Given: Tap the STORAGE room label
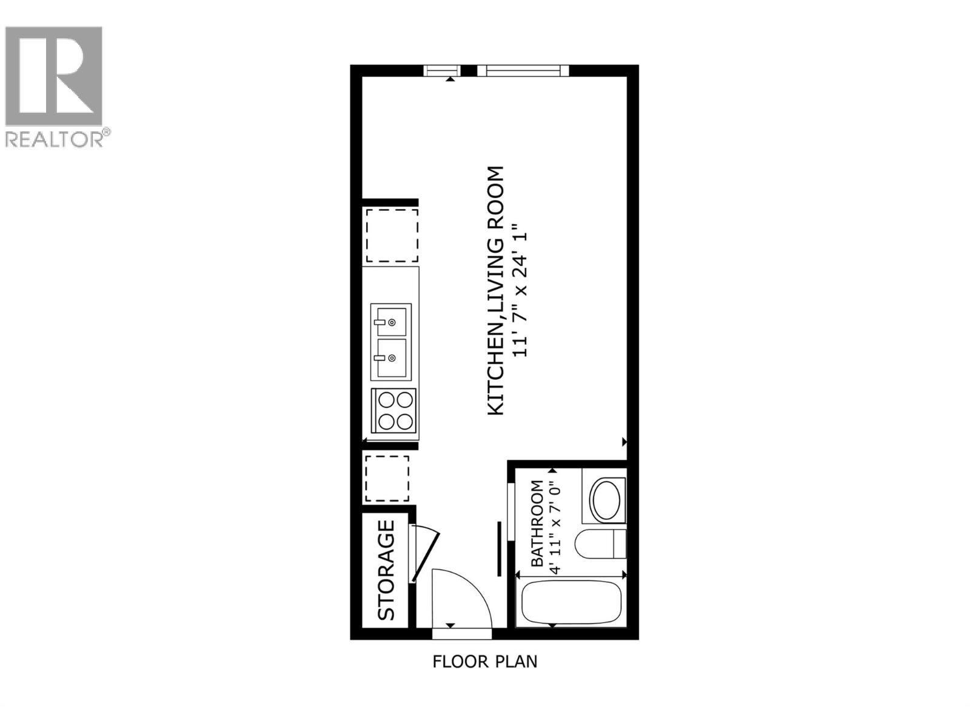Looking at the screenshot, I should click(x=386, y=570).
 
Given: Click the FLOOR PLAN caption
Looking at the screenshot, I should click(x=484, y=661).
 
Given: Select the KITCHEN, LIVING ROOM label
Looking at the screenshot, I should click(x=496, y=291).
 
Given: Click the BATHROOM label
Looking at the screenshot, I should click(x=537, y=523).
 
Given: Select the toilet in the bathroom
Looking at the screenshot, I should click(x=601, y=544).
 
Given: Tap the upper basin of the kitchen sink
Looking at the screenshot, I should click(x=390, y=320).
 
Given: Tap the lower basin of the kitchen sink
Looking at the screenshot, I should click(x=390, y=358).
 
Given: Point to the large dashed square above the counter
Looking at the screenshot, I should click(x=391, y=235).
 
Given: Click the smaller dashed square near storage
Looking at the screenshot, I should click(x=387, y=478).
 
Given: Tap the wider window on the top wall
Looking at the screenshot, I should click(x=523, y=71).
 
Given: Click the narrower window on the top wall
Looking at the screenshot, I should click(x=442, y=71).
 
